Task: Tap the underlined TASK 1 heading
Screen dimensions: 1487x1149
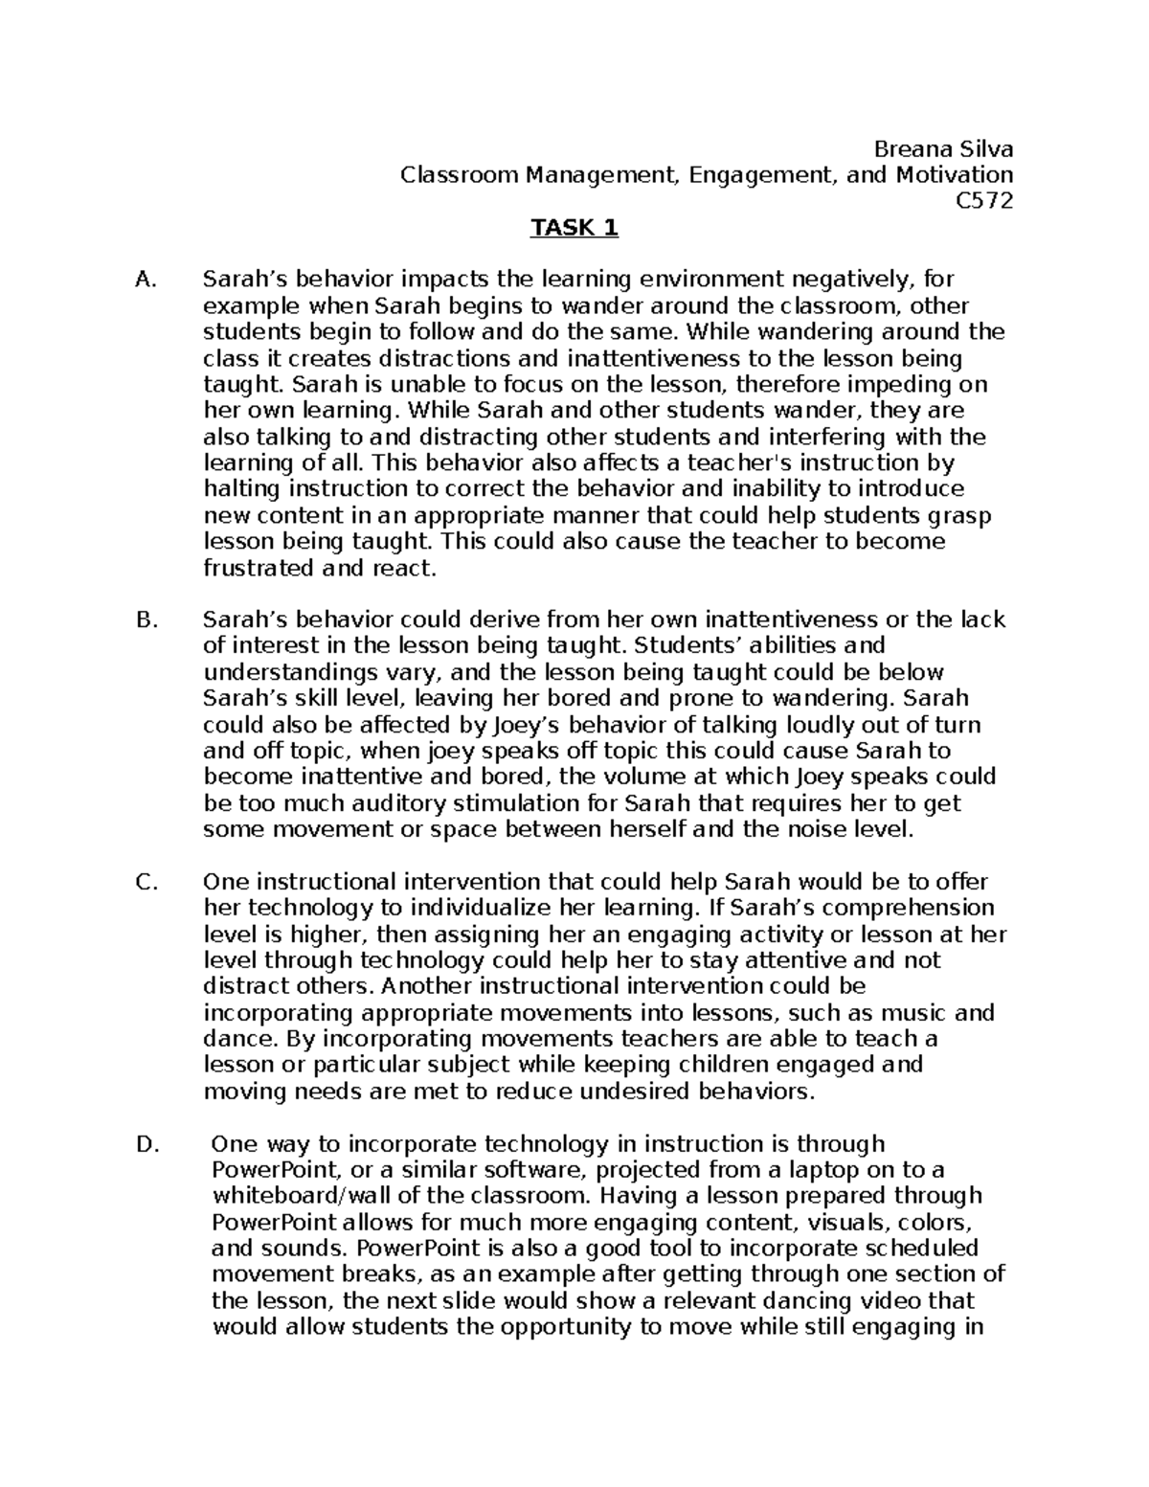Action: (574, 228)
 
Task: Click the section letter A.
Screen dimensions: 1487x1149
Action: (145, 280)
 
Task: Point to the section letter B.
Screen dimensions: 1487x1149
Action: (146, 620)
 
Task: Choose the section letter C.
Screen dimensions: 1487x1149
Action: (146, 882)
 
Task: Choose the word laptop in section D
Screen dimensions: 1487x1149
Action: (839, 1169)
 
